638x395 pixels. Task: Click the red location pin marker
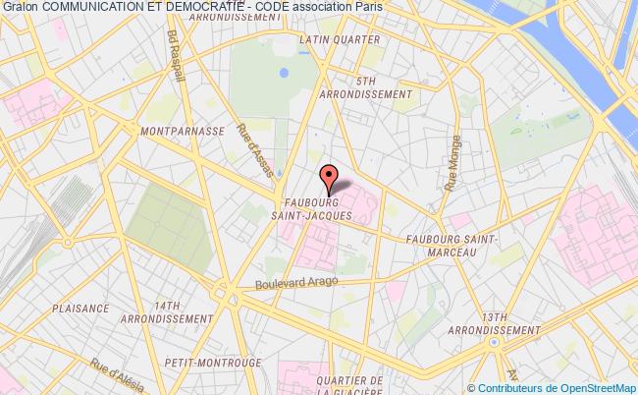tap(328, 178)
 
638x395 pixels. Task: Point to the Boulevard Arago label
tap(296, 282)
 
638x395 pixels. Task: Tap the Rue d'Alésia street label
tap(114, 379)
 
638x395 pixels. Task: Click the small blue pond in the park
tap(284, 72)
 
